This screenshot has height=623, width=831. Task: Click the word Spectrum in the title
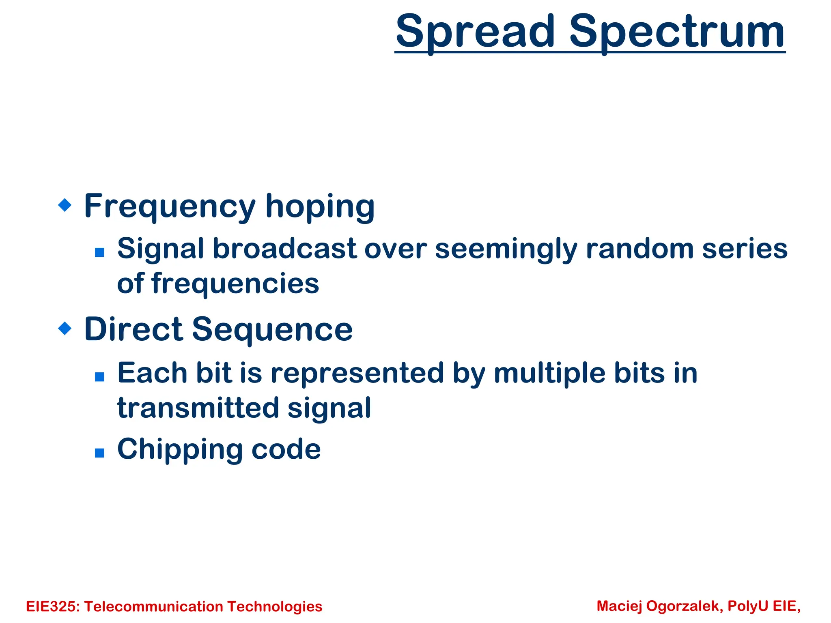click(x=677, y=32)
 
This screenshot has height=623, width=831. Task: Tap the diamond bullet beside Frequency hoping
click(x=65, y=205)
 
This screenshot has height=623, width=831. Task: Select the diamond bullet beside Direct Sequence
click(x=65, y=328)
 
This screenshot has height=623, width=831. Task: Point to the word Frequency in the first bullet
click(x=170, y=207)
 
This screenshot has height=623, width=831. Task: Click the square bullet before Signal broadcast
click(x=99, y=253)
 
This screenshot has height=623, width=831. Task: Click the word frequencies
click(x=235, y=284)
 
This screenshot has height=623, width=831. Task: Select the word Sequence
click(x=272, y=329)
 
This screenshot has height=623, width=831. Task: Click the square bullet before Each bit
click(x=99, y=377)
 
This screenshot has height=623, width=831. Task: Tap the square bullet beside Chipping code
click(x=99, y=453)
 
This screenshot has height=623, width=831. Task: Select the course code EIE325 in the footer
click(x=52, y=606)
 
